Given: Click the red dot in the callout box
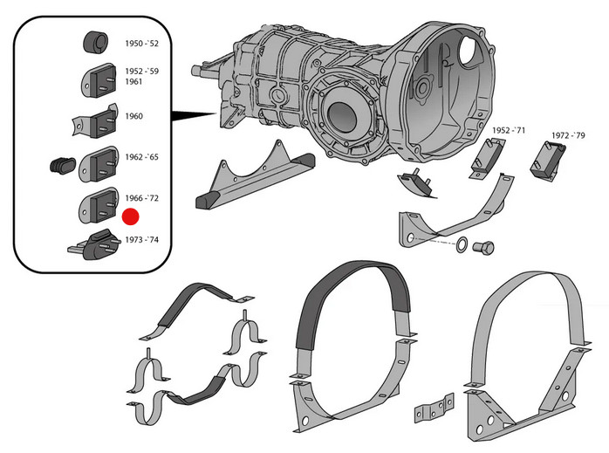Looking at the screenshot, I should point(132,217).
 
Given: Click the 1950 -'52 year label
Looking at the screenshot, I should point(144,43).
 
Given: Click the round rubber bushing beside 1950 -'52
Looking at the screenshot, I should point(94,42).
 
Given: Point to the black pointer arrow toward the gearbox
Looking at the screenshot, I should point(194,114).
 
